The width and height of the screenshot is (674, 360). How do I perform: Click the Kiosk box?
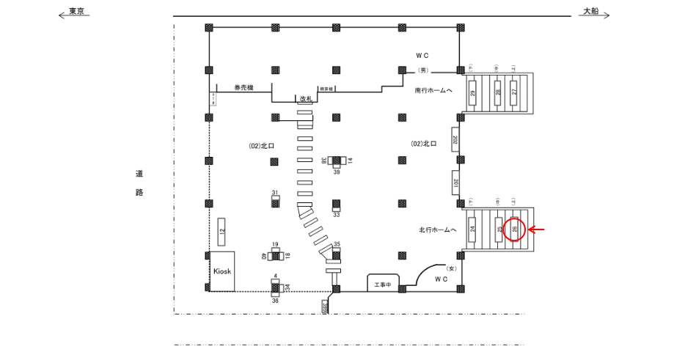click(x=222, y=271)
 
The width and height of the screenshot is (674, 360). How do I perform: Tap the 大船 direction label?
click(x=590, y=12)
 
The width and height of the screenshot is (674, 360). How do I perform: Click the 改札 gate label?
click(x=305, y=98)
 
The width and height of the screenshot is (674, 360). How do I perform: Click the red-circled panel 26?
click(x=515, y=229)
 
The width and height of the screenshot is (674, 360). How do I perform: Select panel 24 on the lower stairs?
click(x=473, y=229)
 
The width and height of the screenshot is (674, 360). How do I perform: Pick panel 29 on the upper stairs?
click(x=473, y=92)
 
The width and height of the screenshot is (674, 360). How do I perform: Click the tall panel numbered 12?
click(x=221, y=231)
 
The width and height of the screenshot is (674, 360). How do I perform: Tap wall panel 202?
click(x=455, y=139)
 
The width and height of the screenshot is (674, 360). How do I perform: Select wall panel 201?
click(x=455, y=183)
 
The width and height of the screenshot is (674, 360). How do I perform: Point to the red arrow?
click(x=538, y=229)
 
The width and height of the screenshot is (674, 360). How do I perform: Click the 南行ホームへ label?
click(x=433, y=91)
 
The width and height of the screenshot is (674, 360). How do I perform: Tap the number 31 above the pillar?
click(x=274, y=193)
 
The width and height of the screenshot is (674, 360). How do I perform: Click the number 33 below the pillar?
click(x=336, y=215)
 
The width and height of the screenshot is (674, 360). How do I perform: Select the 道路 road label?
click(x=139, y=183)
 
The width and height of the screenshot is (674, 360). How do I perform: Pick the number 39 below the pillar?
click(x=337, y=172)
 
